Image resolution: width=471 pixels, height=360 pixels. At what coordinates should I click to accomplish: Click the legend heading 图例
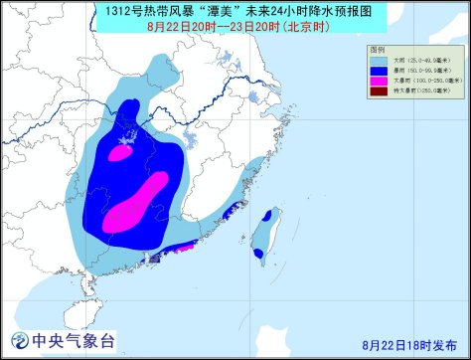pyautogui.click(x=378, y=49)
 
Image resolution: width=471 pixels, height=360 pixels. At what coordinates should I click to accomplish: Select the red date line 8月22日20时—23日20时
pyautogui.click(x=235, y=28)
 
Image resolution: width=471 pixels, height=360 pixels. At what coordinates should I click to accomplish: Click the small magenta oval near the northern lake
pyautogui.click(x=119, y=153)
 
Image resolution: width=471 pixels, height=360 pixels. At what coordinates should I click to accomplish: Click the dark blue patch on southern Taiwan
pyautogui.click(x=259, y=253)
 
